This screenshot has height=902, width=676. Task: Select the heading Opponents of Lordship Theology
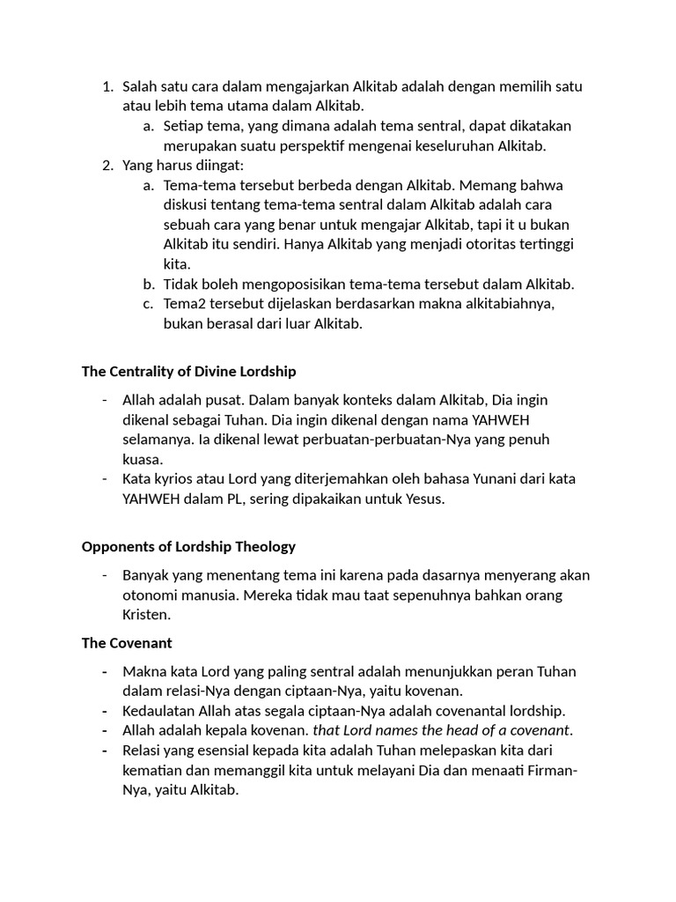[x=188, y=546]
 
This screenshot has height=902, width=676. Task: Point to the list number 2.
[x=107, y=165]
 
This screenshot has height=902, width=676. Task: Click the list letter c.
[x=148, y=303]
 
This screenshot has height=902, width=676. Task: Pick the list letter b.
[x=148, y=284]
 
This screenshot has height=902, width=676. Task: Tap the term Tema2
[x=184, y=303]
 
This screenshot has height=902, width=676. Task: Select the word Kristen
[x=145, y=614]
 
